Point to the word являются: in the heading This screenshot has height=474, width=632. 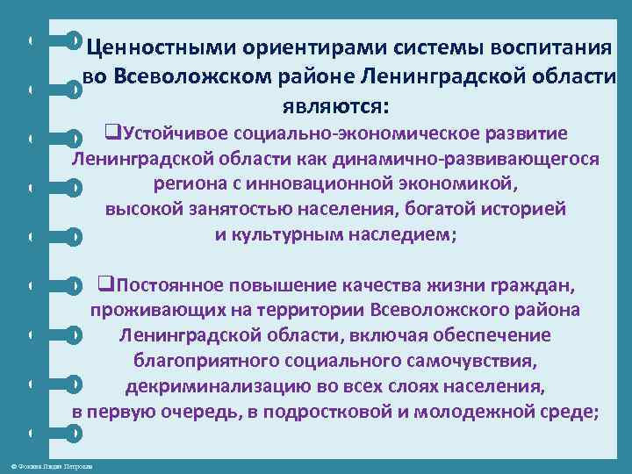[x=334, y=106]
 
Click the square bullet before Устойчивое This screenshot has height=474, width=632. [x=111, y=133]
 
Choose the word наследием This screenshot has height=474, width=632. [x=393, y=234]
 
